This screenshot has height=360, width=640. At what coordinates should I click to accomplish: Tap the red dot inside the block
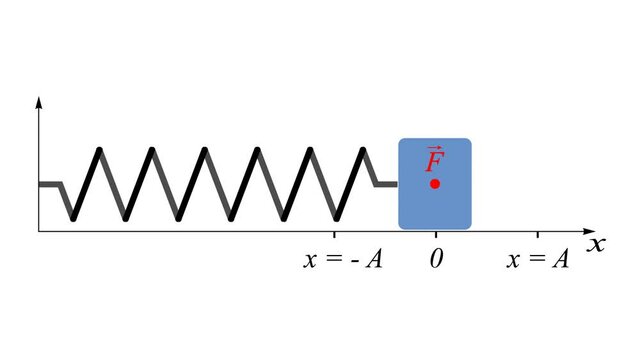coord(435,184)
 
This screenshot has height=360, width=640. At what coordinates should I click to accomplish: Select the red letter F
coord(434,163)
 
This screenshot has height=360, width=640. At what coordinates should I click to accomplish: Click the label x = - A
coord(344,259)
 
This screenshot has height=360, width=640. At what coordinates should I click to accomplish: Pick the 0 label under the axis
coord(436,259)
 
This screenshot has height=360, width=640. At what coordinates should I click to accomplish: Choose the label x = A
coord(538,259)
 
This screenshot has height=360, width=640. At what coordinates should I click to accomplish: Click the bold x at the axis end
coord(597,243)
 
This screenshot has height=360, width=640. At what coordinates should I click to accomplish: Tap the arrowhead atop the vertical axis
coord(39,100)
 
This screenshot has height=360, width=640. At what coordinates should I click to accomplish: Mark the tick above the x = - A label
coord(335,234)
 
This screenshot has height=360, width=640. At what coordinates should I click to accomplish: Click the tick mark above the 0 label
coord(436,234)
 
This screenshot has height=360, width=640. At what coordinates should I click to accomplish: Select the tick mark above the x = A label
coord(538,234)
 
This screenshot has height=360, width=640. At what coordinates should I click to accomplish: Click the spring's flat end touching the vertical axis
coord(49,184)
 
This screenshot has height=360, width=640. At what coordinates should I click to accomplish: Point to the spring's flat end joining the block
coord(386,184)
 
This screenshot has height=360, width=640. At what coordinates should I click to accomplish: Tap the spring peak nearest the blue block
coord(364,150)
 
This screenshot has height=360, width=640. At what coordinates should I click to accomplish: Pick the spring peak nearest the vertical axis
coord(99,150)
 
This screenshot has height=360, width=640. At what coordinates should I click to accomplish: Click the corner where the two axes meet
coord(39,231)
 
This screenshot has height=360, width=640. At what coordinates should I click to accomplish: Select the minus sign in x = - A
coord(351,260)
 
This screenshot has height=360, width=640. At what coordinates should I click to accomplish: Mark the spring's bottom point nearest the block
coord(335,217)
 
